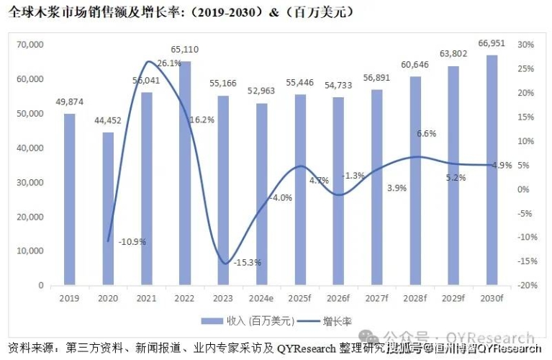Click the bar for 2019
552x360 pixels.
point(69,199)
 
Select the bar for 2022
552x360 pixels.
point(185,173)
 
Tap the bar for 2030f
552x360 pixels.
point(492,170)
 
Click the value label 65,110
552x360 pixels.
point(185,50)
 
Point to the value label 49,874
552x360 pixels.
point(69,102)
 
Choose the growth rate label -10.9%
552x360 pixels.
point(132,241)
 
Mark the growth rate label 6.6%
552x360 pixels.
point(427,134)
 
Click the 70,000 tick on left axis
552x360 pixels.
point(30,45)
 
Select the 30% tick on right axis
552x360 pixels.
point(525,45)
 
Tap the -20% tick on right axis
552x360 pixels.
point(525,285)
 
